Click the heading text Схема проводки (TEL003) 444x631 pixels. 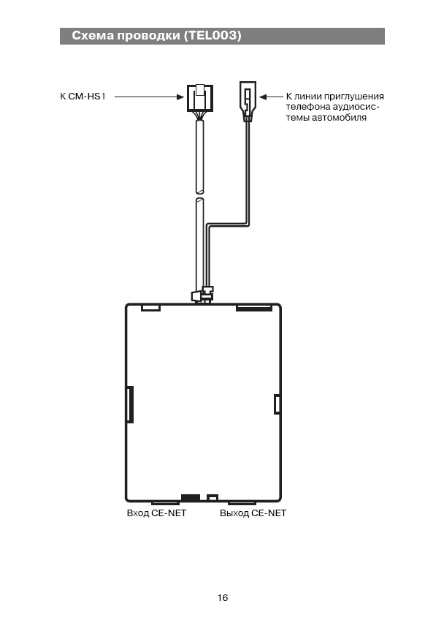click(156, 36)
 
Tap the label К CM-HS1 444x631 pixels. click(83, 97)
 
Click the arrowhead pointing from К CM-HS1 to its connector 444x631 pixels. click(180, 97)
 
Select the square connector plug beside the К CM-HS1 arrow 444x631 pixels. click(200, 98)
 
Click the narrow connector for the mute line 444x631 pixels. click(248, 101)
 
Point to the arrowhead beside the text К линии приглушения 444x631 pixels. click(263, 97)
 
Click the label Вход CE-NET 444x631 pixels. click(157, 513)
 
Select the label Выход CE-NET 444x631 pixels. click(253, 513)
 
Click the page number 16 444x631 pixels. click(223, 597)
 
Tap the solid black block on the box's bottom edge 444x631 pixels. click(191, 498)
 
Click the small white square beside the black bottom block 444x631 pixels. click(213, 498)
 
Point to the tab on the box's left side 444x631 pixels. click(130, 404)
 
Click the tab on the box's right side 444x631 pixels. click(277, 404)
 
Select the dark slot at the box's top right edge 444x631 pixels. click(254, 308)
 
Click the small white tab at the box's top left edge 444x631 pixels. click(151, 308)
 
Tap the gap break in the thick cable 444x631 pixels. click(199, 195)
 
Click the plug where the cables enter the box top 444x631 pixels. click(202, 295)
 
